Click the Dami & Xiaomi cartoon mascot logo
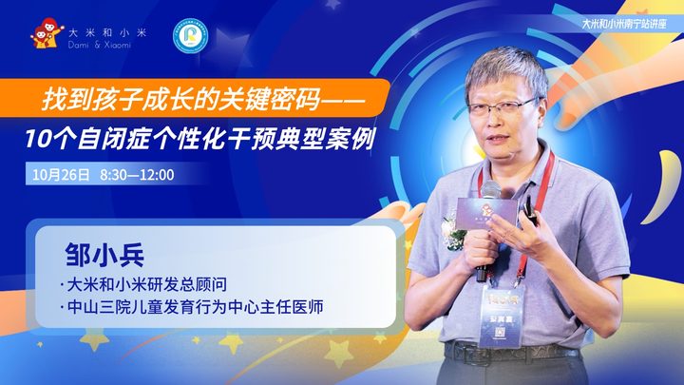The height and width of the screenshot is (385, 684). point(47,33)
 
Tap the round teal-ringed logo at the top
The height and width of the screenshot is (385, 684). point(190,36)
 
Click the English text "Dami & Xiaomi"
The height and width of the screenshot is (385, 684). point(100,45)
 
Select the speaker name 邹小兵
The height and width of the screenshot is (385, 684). point(104,255)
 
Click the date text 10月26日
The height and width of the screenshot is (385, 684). point(61,175)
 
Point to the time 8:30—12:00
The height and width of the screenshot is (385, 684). point(137,175)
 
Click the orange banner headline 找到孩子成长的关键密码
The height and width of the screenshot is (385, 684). point(180,99)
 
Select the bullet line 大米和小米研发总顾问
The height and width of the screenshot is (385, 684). point(143,284)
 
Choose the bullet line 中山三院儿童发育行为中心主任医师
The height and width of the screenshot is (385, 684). point(192,307)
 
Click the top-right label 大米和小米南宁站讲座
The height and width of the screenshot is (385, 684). point(624,24)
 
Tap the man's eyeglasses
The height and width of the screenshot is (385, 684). point(503,106)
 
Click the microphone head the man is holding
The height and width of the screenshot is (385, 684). point(490,190)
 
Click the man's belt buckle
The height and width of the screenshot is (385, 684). point(465,353)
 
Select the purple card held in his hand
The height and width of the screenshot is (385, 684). point(485,213)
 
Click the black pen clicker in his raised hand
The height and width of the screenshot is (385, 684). point(530,210)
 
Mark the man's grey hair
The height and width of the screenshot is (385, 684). point(506,69)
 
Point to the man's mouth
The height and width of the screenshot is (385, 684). point(498,139)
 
